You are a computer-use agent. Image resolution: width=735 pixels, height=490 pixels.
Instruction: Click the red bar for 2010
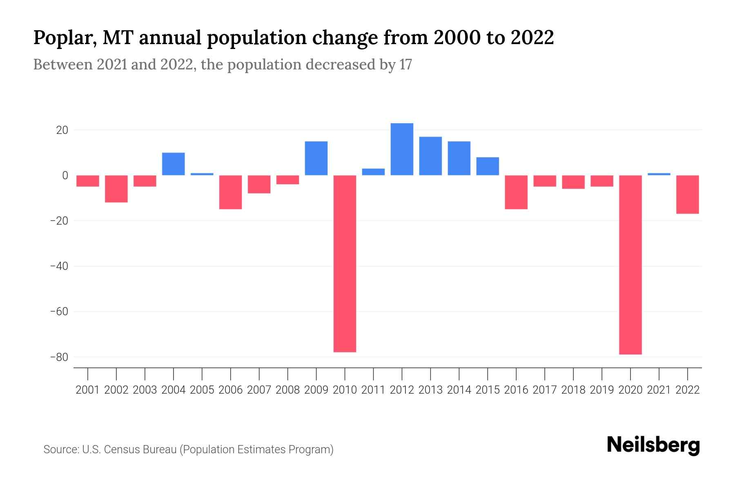pos(345,263)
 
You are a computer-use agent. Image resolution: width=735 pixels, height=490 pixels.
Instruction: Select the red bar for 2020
pos(630,265)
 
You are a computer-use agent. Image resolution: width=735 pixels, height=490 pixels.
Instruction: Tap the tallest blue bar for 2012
pos(402,149)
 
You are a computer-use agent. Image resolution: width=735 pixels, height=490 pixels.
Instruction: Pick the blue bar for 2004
pos(174,164)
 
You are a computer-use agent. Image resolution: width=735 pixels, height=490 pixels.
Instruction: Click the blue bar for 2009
pos(316,158)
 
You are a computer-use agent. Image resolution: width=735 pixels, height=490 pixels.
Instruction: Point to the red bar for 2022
pos(688,194)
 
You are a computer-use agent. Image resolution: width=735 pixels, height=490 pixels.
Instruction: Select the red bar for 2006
pos(231,192)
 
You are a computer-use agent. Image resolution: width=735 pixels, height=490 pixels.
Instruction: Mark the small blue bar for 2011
pos(373,172)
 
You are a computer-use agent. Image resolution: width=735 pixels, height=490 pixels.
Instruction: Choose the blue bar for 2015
pos(488,166)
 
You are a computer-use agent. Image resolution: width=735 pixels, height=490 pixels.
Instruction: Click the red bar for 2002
pos(116,189)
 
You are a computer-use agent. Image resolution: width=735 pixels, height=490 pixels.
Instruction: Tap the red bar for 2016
pos(516,192)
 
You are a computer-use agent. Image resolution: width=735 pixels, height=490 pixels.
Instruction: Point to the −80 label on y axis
pos(59,357)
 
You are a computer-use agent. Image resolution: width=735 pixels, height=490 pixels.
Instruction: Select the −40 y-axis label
pos(59,266)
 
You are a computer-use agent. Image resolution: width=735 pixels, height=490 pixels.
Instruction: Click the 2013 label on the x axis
pos(430,390)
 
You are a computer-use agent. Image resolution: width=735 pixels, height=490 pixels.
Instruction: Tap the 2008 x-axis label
pos(287,390)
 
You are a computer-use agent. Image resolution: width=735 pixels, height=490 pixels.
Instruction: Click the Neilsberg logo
pos(653,445)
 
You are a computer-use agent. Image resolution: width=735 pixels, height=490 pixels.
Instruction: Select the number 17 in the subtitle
pos(405,65)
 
